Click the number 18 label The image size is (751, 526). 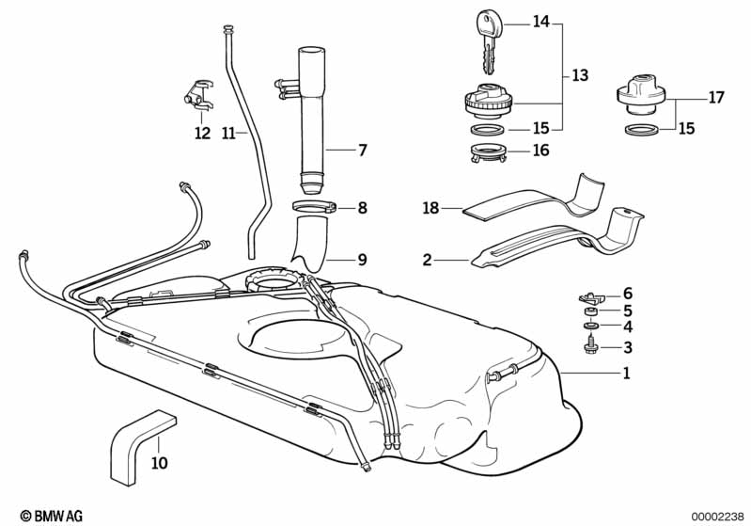[x=430, y=208]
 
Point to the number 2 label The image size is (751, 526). [x=427, y=259]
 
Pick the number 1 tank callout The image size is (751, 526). [x=625, y=374]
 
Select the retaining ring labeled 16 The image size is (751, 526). [x=487, y=151]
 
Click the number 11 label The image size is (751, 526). [x=227, y=134]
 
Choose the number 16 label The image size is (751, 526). [x=540, y=150]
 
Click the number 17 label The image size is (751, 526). [x=716, y=96]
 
